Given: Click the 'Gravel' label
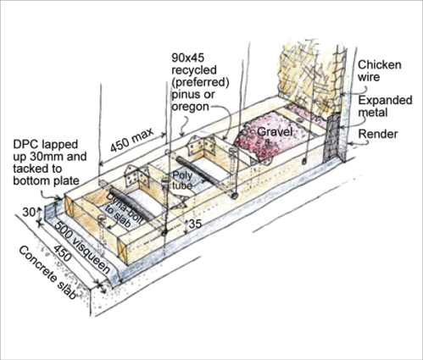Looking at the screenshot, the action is pos(275,132).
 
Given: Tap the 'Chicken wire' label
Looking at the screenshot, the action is pos(379,71).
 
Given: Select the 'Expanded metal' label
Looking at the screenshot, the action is pos(385,106).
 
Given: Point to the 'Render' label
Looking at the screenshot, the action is pos(378,134).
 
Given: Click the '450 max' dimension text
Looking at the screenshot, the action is pos(132,140).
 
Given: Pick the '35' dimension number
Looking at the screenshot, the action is pos(195,224).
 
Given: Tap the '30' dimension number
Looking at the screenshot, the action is pos(29,212).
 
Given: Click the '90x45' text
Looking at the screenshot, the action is pos(188,58).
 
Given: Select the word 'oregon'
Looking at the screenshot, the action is pos(191,107).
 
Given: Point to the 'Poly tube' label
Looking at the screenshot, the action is pos(182,180).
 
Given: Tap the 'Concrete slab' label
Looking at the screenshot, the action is pos(47,273).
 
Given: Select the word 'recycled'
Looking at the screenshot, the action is pos(194,69).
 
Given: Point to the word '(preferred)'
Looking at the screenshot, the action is pos(200,82).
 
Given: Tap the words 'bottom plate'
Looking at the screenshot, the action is pos(46,180).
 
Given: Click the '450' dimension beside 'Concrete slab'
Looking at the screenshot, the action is pos(62,253).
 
